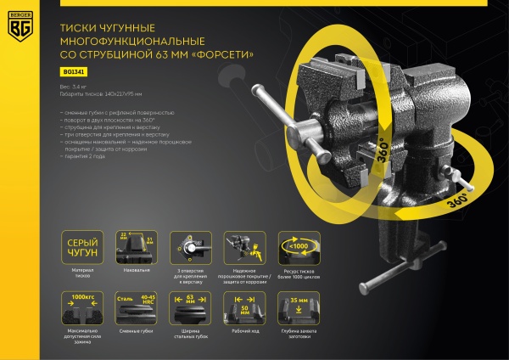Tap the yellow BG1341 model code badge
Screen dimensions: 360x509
74,72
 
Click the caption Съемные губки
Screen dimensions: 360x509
138,334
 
